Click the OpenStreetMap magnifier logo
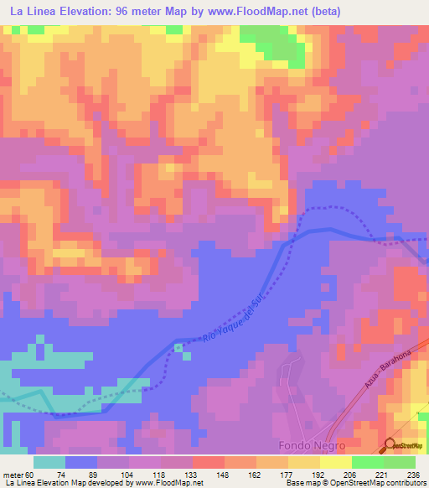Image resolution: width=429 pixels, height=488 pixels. coord(390,445)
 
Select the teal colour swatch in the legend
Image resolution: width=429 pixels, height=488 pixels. coord(49,462)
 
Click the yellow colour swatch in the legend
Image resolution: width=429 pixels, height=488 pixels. coord(335,462)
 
